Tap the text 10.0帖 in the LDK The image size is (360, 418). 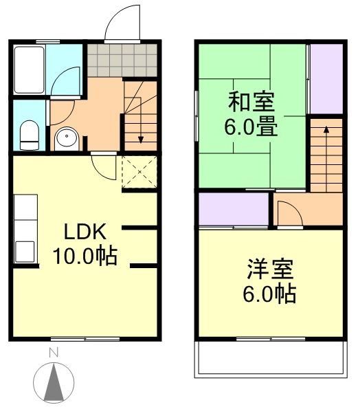85,256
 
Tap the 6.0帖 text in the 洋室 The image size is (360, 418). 269,294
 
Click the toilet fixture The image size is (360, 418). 30,135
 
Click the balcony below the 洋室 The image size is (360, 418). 269,357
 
